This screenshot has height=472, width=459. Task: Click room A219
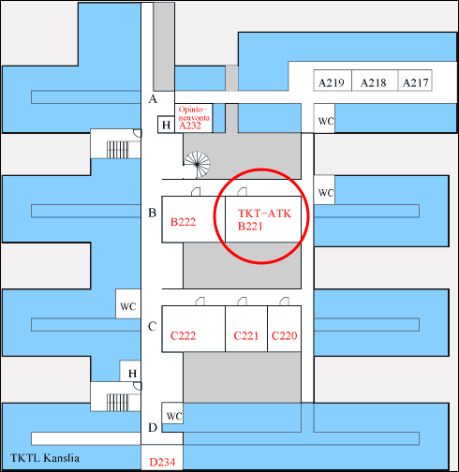[333, 81]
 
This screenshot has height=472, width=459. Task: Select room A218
[375, 81]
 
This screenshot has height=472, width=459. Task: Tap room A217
[415, 81]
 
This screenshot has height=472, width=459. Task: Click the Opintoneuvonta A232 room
[194, 118]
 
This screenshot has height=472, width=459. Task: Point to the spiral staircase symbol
[197, 164]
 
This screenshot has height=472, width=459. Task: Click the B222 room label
[183, 222]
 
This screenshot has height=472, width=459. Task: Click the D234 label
[162, 462]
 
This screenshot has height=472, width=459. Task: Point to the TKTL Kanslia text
[45, 458]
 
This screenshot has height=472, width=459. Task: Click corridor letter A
[153, 99]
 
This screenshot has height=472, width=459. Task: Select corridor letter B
[152, 213]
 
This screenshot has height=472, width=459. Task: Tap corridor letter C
[152, 327]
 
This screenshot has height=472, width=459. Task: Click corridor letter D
[153, 427]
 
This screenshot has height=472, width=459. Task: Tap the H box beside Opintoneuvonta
[166, 125]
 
